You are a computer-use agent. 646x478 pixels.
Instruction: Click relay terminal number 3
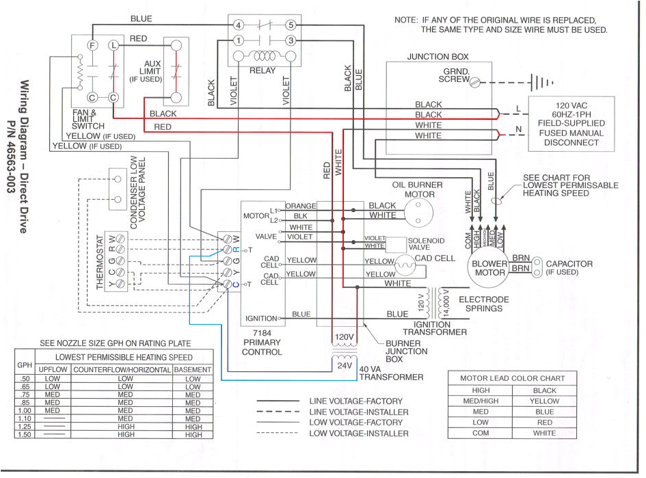tap(291, 40)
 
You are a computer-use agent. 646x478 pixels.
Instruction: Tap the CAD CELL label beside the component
tap(435, 258)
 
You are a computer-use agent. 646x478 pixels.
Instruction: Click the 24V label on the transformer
tap(344, 365)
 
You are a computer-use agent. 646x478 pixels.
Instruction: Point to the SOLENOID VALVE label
tap(425, 244)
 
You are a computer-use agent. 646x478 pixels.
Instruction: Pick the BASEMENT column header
tap(193, 369)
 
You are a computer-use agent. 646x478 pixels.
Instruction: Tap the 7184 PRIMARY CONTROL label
tap(262, 347)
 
